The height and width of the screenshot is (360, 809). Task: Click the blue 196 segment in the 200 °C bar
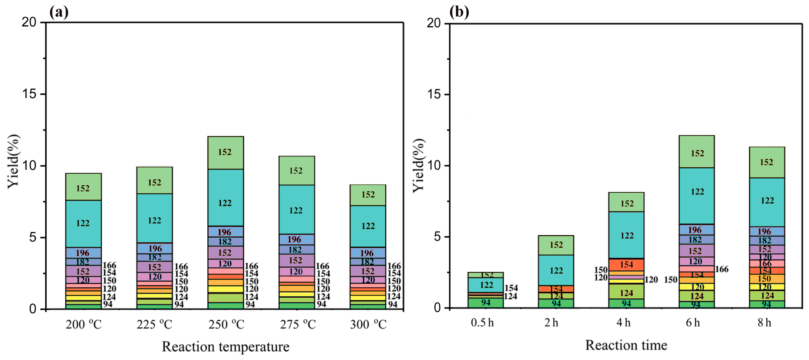pyautogui.click(x=83, y=253)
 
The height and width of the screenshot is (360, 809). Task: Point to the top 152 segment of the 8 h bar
pyautogui.click(x=767, y=162)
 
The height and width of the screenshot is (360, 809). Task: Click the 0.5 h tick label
pyautogui.click(x=482, y=323)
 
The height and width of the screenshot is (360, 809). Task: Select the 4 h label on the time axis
pyautogui.click(x=623, y=323)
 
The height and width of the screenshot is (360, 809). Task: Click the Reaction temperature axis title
pyautogui.click(x=226, y=347)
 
